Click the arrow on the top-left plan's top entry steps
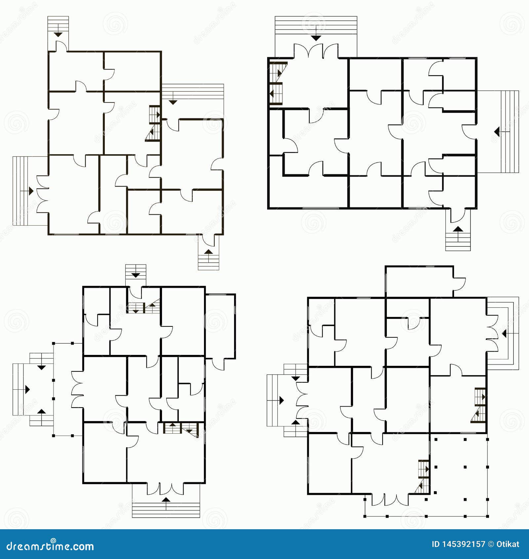58,34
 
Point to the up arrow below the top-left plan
208,252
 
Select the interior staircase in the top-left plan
154,123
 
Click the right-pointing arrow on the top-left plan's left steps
31,191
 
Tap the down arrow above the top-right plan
316,38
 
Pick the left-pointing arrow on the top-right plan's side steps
497,132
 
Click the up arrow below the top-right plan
458,229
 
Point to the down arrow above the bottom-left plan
136,275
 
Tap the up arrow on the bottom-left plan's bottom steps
166,500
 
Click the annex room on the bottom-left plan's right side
220,326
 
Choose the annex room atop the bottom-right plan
419,281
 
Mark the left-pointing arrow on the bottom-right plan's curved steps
504,334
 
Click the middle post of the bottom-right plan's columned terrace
465,467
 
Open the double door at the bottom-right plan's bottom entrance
390,499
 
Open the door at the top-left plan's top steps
61,47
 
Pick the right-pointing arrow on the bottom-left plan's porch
27,389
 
